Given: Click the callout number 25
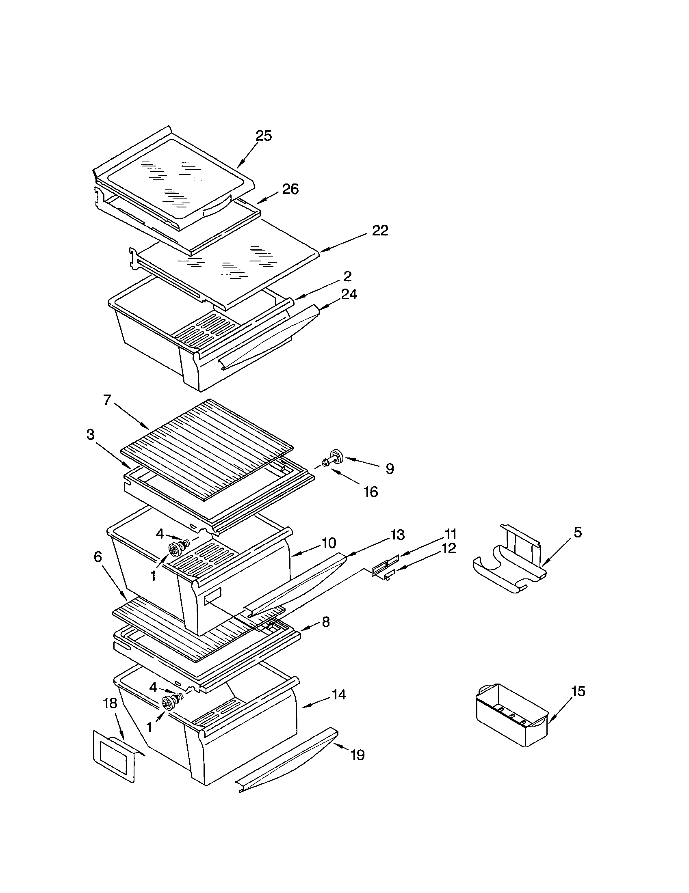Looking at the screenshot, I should click(x=264, y=136).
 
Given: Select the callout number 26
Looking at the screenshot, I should click(x=290, y=189).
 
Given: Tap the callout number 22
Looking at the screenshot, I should click(x=380, y=231).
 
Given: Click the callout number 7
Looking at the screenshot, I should click(x=107, y=400).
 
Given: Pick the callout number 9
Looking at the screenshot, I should click(x=390, y=468).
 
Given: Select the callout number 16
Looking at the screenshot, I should click(x=370, y=492).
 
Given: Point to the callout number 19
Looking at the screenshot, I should click(x=357, y=755).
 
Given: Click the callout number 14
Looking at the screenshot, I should click(x=339, y=694).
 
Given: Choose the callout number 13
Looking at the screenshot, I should click(x=397, y=535).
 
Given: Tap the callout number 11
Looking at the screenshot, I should click(x=451, y=534).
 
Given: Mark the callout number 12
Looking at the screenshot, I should click(x=449, y=548).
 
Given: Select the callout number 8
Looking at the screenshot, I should click(x=325, y=622).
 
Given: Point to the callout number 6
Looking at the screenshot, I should click(x=97, y=557).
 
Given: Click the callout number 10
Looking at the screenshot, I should click(x=329, y=543).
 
